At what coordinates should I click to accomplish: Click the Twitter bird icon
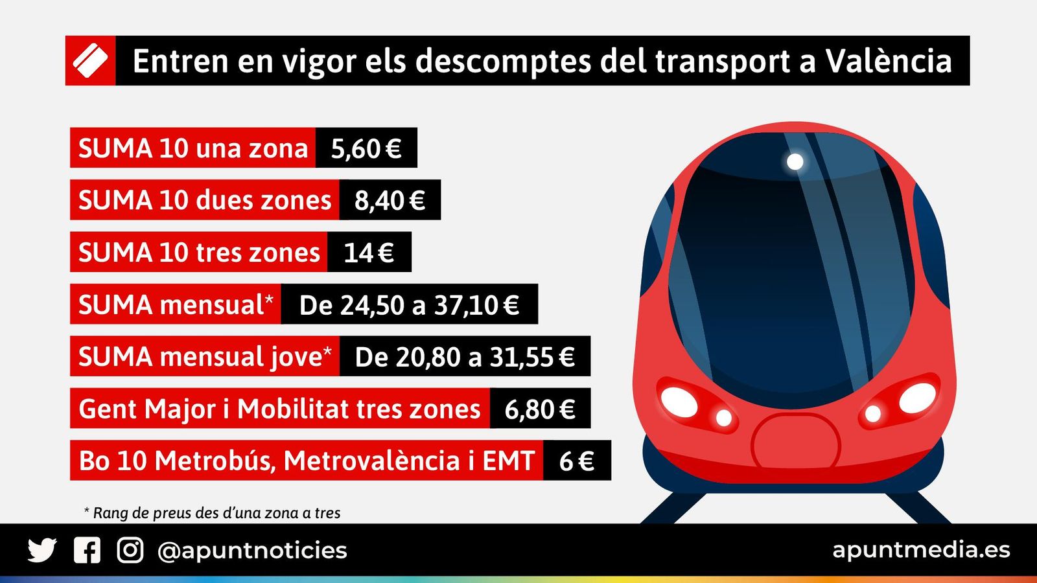click(42, 550)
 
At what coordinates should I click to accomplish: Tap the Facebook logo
click(87, 550)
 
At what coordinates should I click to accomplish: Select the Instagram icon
click(130, 550)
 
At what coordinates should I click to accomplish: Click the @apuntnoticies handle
click(252, 551)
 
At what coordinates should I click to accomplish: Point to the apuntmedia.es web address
click(921, 549)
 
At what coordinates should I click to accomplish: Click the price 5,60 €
click(366, 148)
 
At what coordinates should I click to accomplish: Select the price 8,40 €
click(390, 200)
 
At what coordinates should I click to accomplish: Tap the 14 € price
click(369, 253)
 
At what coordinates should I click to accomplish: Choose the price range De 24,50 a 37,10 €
click(409, 304)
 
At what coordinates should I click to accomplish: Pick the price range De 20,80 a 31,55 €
click(465, 356)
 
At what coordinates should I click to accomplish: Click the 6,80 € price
click(540, 409)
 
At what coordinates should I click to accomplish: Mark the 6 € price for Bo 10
click(576, 461)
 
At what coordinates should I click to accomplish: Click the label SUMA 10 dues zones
click(205, 200)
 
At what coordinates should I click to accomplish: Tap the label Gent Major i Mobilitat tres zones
click(279, 409)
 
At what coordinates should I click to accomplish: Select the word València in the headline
click(889, 61)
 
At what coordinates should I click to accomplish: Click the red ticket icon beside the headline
click(90, 61)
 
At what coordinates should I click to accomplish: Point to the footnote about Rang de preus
click(213, 513)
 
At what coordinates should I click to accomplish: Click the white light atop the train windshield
click(795, 161)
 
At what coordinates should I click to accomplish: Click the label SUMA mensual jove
click(205, 356)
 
